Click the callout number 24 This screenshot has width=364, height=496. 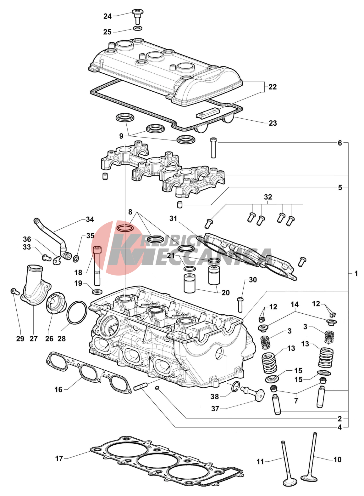(x=108, y=16)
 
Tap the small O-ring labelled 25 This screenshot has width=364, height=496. (x=137, y=29)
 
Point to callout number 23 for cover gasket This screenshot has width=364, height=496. (x=273, y=123)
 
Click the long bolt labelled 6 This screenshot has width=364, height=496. (x=213, y=148)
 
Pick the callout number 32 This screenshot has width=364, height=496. (x=268, y=197)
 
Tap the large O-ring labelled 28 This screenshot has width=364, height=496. (x=77, y=312)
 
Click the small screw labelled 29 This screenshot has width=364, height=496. (x=14, y=291)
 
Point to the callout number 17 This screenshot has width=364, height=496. (x=59, y=459)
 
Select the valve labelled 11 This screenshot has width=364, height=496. (x=287, y=463)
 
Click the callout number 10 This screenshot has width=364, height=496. (x=337, y=460)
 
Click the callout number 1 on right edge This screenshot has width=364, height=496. (x=356, y=274)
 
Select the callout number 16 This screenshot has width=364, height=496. (x=58, y=390)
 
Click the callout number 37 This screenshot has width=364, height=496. (x=215, y=409)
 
